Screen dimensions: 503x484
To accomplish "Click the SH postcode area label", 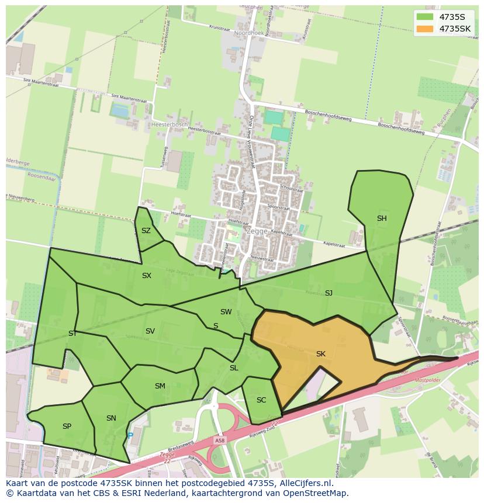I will coord(382,218).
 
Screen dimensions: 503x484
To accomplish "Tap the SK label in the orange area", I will coord(320,354).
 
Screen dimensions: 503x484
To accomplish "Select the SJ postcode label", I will coord(329,293).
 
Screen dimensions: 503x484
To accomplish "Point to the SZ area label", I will coord(146,231).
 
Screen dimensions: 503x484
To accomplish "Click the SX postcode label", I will coord(147,275).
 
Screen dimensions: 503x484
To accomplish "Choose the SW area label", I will coord(226,312).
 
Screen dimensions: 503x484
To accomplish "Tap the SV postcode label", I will coord(150,331).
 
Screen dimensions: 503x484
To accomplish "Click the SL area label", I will coord(234,368).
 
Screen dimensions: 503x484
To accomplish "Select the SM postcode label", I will coord(160,386).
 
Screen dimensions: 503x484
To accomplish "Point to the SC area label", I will coord(261,400).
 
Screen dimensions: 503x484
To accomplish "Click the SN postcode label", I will coord(111,418).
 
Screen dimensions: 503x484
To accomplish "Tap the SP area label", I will coord(67,426).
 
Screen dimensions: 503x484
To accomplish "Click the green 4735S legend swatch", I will coord(425,17).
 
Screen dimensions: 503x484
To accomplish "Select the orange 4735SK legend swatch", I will coord(425,29).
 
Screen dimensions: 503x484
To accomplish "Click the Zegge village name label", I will coord(257,231).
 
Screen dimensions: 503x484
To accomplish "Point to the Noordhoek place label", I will coord(249,34).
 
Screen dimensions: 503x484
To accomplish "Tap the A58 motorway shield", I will coord(219,440).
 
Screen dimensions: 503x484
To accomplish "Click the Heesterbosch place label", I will coord(170,124).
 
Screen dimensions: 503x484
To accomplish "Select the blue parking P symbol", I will coord(130,435).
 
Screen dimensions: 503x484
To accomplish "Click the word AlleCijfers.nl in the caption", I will coord(306,483).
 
